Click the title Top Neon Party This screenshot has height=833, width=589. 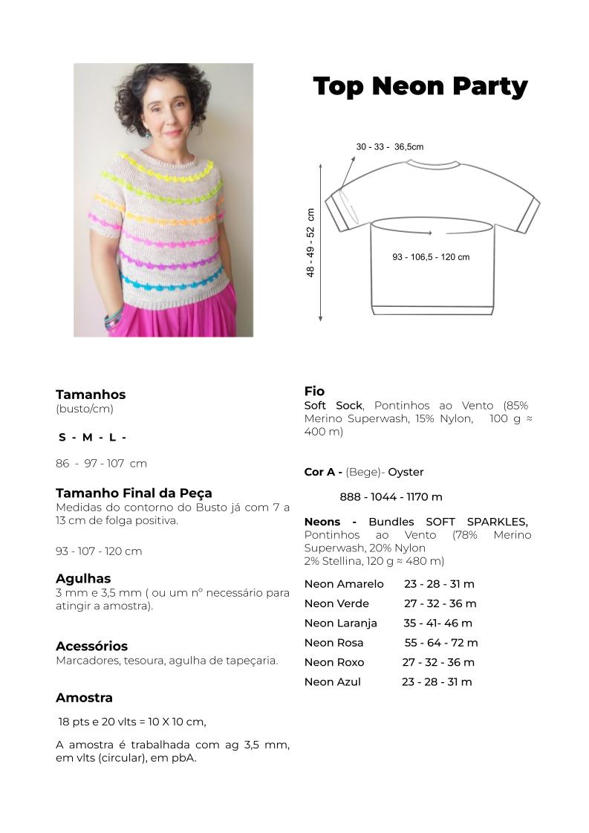click(420, 86)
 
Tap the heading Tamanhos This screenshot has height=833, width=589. click(91, 395)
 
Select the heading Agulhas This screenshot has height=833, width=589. click(83, 578)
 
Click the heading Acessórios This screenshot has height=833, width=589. click(91, 646)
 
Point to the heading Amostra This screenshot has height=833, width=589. click(84, 698)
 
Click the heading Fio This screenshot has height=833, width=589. click(314, 391)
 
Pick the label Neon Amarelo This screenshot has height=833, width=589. click(344, 584)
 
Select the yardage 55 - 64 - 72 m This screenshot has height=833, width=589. click(441, 643)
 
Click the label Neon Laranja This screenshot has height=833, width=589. click(341, 623)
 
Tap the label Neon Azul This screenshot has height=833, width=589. click(333, 682)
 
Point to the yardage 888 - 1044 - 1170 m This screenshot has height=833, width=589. click(391, 497)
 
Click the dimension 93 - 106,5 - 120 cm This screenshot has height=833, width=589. click(431, 257)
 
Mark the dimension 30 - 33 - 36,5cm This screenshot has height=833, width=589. click(390, 147)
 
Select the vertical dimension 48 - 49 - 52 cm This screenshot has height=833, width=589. click(310, 242)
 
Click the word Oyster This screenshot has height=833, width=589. click(406, 472)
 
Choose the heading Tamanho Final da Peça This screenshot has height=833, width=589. click(134, 493)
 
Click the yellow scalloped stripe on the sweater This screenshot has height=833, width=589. click(167, 169)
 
